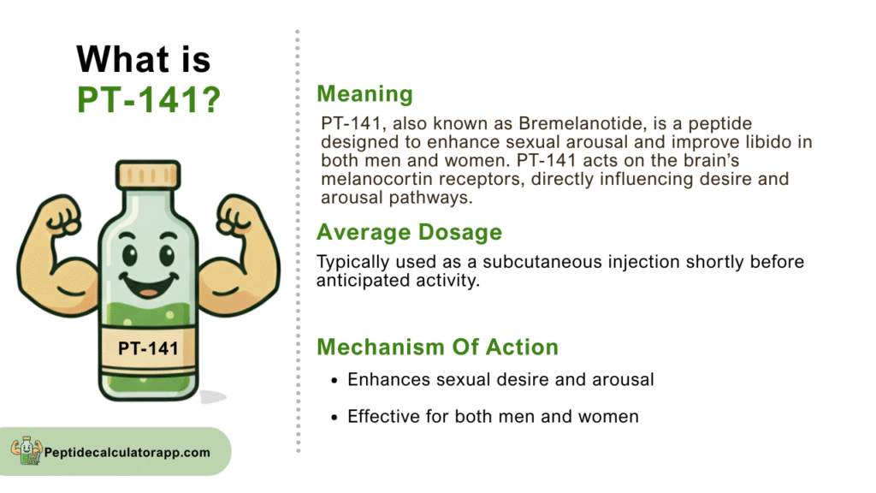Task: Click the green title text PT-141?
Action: click(x=149, y=100)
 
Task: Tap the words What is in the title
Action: click(x=144, y=59)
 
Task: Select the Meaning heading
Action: click(x=364, y=94)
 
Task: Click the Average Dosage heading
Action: click(x=410, y=232)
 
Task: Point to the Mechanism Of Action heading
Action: click(x=437, y=347)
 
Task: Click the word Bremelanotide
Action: click(x=579, y=123)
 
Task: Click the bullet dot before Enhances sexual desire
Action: click(x=334, y=381)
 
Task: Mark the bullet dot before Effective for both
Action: click(x=334, y=418)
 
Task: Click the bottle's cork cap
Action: click(x=148, y=175)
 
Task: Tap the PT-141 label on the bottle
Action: click(x=148, y=348)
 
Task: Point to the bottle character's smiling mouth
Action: click(x=149, y=284)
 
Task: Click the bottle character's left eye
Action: click(x=130, y=255)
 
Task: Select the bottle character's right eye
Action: click(x=167, y=255)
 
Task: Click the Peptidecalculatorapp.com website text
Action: click(x=127, y=452)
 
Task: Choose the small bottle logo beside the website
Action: click(x=27, y=450)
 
